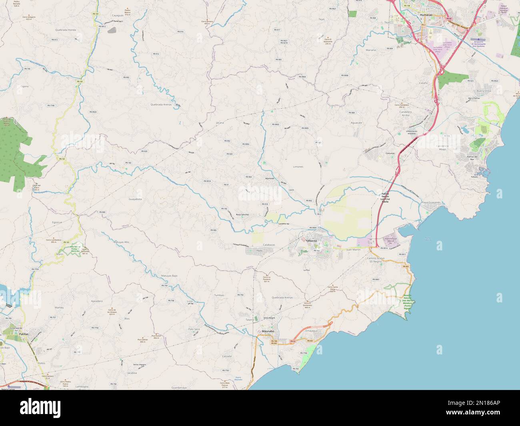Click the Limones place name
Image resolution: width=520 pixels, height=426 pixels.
click(x=298, y=166)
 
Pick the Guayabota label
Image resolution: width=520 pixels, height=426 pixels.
click(x=135, y=199)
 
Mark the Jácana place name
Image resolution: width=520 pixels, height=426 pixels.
click(x=220, y=122)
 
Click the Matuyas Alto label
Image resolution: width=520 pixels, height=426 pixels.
click(x=121, y=242)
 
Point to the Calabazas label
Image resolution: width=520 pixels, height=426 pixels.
click(x=269, y=244)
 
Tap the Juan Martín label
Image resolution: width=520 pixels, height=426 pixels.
click(x=353, y=249)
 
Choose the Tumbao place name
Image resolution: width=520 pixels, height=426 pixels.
click(x=219, y=295)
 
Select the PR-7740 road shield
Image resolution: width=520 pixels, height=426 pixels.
click(x=51, y=105)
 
